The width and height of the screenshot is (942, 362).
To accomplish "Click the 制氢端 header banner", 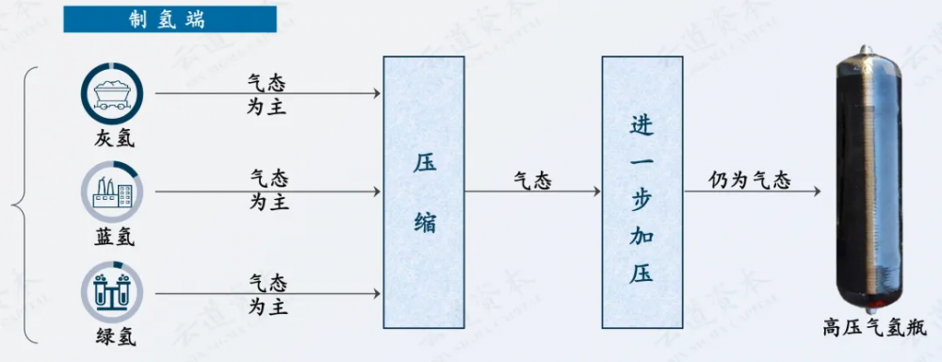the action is click(x=170, y=19).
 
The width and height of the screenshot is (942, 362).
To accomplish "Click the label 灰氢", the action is click(x=114, y=139).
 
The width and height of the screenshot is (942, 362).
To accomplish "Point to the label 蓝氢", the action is click(x=114, y=237).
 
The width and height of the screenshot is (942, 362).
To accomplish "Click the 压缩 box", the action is click(x=424, y=192).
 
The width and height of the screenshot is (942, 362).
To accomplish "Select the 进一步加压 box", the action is click(x=642, y=192).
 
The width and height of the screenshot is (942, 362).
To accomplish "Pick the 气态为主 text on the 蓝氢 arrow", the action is click(x=269, y=190).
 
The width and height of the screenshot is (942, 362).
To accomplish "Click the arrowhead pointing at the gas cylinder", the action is click(x=816, y=192).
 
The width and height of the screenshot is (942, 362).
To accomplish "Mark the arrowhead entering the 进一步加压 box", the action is click(x=596, y=192).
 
